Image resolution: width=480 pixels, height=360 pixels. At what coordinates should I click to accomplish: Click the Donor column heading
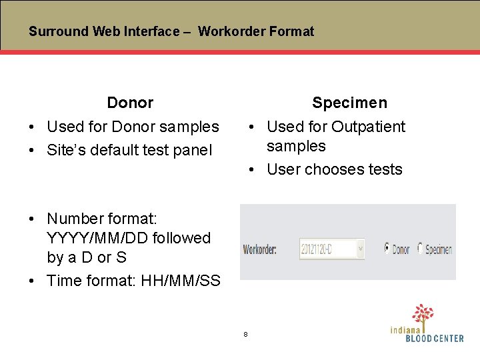(x=130, y=103)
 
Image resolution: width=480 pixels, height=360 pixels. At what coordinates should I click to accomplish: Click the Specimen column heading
(x=349, y=103)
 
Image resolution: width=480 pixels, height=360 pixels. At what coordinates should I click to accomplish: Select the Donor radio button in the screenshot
(x=387, y=249)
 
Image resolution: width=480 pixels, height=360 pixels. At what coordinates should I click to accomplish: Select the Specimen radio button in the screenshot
(x=420, y=249)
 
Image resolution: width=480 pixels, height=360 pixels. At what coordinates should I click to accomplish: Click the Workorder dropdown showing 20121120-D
(x=331, y=249)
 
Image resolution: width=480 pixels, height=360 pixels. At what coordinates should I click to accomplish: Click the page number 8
(x=245, y=334)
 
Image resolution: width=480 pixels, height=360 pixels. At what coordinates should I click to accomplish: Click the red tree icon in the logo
(x=422, y=314)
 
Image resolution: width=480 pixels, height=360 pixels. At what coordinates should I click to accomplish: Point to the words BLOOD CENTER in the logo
(x=435, y=339)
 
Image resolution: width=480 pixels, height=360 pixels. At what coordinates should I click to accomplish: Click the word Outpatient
(x=368, y=127)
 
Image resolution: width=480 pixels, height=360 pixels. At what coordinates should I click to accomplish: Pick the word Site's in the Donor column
(x=69, y=151)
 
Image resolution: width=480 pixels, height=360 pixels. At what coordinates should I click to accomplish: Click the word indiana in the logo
(x=405, y=329)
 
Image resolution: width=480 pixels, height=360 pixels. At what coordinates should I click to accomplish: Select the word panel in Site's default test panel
(x=193, y=151)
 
